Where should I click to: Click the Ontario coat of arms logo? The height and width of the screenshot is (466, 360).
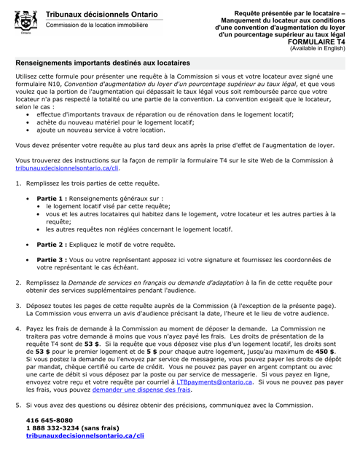tap(25, 20)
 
